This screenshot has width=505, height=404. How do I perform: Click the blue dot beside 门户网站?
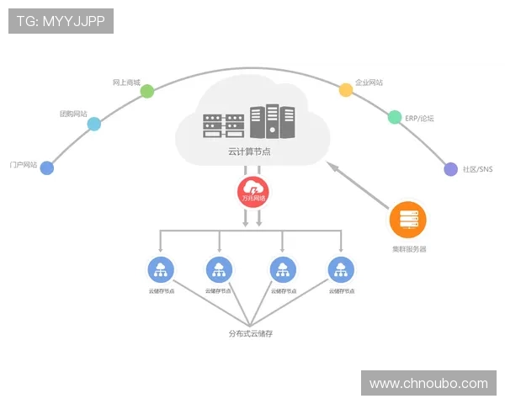coord(47,167)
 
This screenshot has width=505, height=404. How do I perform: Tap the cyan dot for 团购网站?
coord(94,124)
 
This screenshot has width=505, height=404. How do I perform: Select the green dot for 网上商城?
coord(147,91)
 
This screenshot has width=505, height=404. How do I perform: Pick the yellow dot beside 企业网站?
coord(345,90)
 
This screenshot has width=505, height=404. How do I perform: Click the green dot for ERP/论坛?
coord(395,118)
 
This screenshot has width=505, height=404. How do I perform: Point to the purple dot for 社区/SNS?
coord(450,169)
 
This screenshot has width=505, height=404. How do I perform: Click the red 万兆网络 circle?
coord(252,193)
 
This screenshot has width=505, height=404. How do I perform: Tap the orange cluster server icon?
coord(408,221)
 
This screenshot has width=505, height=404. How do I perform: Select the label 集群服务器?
coord(409,249)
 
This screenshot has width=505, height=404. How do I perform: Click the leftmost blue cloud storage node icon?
coord(159,270)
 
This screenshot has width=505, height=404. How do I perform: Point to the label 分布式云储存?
coord(251,334)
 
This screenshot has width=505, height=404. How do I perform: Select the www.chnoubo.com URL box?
coord(428,384)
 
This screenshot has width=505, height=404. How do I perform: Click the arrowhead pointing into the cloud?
coord(332,166)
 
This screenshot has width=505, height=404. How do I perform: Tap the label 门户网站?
coord(23,164)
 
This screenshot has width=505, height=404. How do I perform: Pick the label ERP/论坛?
coord(419,119)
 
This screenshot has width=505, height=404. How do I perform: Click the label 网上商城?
coord(125,83)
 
